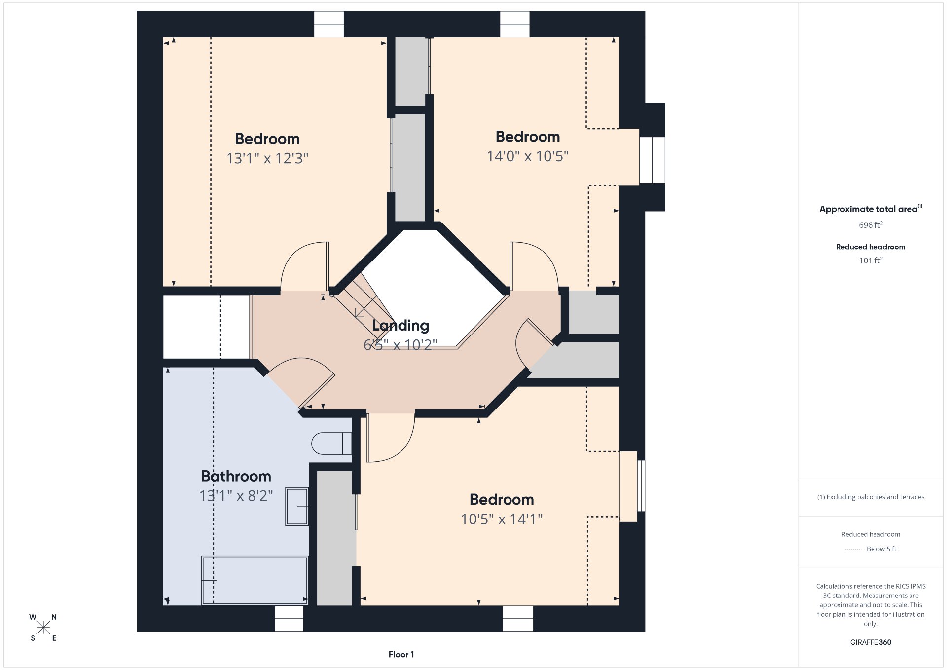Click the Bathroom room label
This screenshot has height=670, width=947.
point(236,476)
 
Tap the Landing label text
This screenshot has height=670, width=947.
point(401,326)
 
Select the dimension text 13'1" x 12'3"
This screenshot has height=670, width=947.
point(267,158)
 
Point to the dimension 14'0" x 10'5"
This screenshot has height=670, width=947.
point(528,156)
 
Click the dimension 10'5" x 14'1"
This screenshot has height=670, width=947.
point(502,519)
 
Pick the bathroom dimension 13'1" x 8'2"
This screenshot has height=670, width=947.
point(236,496)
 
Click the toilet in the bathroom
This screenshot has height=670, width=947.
point(331,444)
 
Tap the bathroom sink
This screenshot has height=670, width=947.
point(297,507)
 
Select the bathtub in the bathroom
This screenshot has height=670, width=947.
point(255,580)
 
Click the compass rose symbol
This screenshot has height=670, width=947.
point(43,628)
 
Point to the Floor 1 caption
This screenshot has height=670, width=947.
point(401,655)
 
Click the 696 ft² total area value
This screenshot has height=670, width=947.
point(871,225)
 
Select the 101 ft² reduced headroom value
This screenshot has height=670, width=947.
point(871,260)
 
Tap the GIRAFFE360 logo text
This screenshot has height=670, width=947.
point(871,642)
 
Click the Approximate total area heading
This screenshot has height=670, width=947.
point(871,209)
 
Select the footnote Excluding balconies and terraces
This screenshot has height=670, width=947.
point(871,497)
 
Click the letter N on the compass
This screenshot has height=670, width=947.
point(54,617)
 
